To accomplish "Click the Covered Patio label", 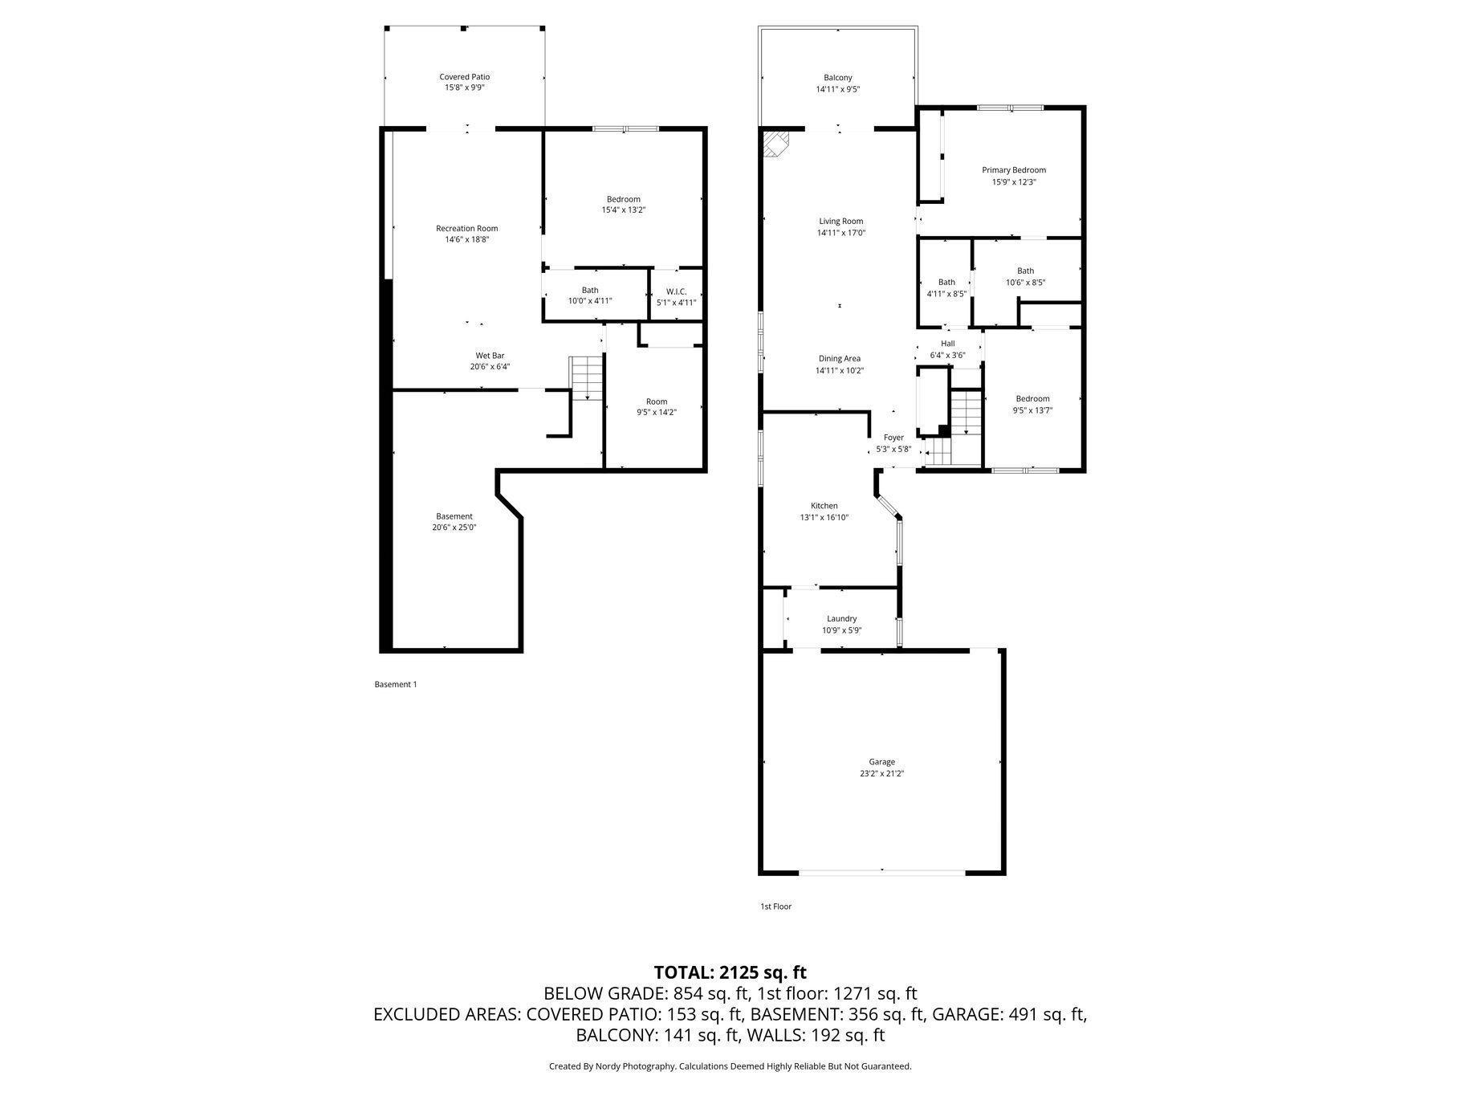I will coord(465,77).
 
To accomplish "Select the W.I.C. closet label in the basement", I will coord(676,291).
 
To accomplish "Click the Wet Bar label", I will coord(490,356).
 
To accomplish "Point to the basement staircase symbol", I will coord(587,378).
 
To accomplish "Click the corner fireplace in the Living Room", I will coord(775,144).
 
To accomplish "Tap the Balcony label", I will coord(837,78).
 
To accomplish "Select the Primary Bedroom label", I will coord(1014,170).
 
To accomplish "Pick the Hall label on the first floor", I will coord(947,344).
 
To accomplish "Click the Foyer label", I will coord(893,438).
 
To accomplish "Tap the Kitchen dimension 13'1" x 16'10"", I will coord(824,518).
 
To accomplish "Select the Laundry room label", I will coord(841,619).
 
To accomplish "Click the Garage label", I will coord(881,762).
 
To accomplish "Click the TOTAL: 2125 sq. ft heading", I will coord(730,972).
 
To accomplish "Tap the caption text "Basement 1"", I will coord(396,685).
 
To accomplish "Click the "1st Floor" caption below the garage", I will coord(775,907).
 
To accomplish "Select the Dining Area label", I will coord(840,359).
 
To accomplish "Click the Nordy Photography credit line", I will coord(730,1066).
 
